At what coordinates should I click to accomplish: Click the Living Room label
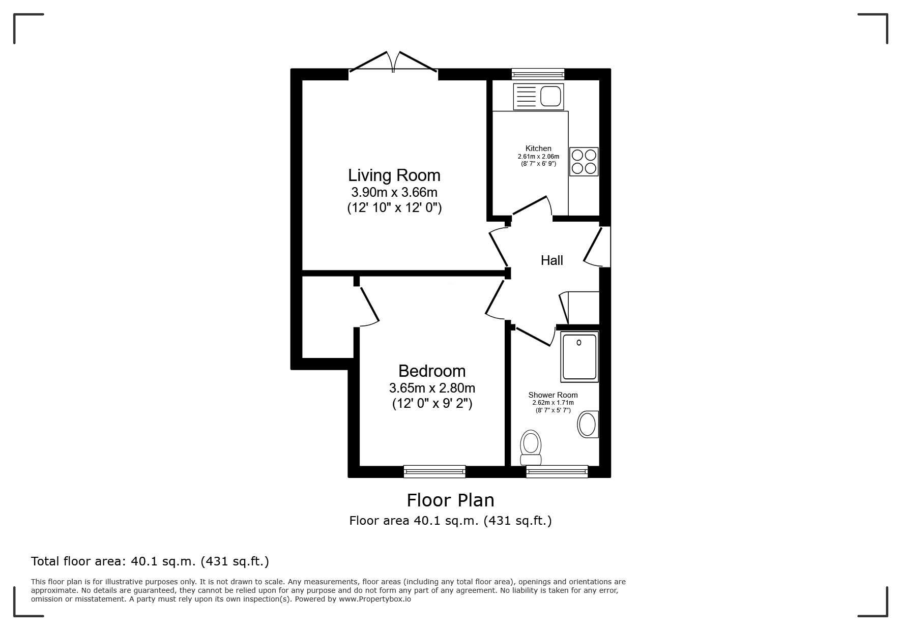click(394, 175)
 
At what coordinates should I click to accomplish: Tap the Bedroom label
click(432, 371)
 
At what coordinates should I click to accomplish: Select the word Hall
click(551, 260)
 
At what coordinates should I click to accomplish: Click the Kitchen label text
click(538, 148)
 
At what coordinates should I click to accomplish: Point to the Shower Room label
click(553, 395)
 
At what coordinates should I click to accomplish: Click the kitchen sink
click(539, 96)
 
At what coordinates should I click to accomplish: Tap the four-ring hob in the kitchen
click(584, 162)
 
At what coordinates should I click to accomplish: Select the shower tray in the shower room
click(579, 356)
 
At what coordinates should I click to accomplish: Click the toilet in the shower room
click(531, 447)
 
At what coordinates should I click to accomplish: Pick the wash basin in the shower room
click(588, 424)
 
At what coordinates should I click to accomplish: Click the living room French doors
click(393, 63)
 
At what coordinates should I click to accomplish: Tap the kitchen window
click(538, 74)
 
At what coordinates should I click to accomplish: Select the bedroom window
click(434, 471)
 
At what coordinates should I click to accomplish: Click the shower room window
click(557, 471)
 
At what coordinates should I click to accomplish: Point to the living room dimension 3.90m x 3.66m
click(394, 192)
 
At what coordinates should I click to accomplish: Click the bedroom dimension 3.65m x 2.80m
click(432, 388)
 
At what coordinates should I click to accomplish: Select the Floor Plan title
click(450, 500)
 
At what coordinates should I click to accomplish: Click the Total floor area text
click(150, 561)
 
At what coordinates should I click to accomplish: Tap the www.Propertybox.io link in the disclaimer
click(375, 599)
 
